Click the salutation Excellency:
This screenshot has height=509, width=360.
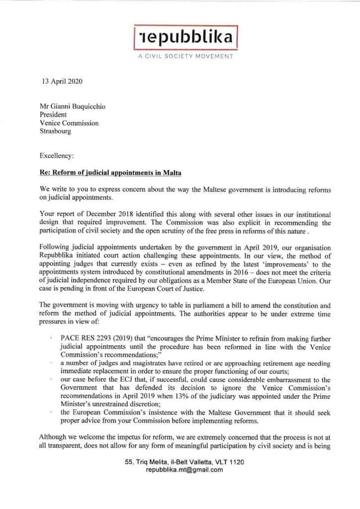[57, 156]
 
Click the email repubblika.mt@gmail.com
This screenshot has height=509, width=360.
[184, 470]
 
